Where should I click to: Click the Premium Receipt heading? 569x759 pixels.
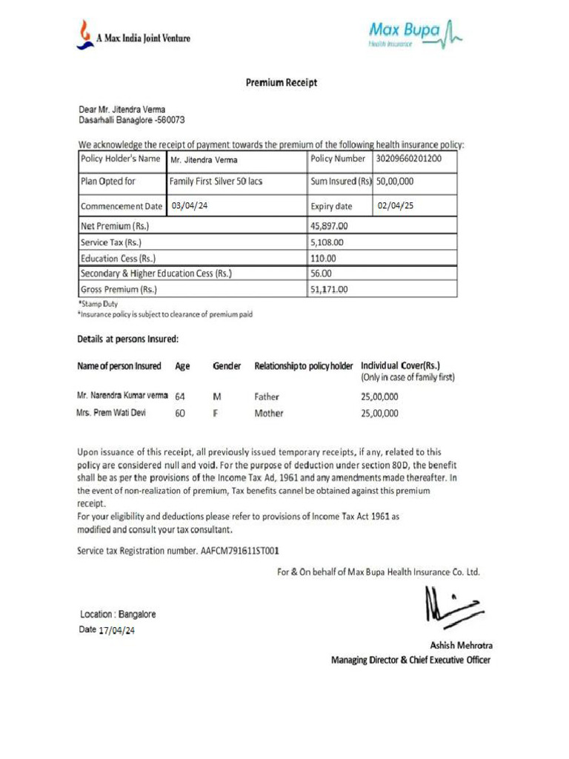[282, 83]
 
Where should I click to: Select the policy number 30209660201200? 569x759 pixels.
[409, 159]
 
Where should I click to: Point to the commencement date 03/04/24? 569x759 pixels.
[190, 205]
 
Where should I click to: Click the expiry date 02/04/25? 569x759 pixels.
[396, 205]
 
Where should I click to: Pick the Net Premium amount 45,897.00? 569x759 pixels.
[330, 226]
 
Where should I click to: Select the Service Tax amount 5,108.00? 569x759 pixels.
[327, 242]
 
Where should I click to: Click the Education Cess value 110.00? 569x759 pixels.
[323, 258]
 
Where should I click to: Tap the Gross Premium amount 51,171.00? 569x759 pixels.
[330, 289]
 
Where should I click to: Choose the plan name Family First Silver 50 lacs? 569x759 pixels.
[216, 181]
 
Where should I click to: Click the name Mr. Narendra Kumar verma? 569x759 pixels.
[122, 396]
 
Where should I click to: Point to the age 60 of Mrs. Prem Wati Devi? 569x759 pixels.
[180, 414]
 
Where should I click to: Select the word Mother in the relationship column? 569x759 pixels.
[269, 414]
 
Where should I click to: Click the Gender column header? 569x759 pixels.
[227, 366]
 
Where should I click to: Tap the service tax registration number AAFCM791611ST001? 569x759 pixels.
[240, 551]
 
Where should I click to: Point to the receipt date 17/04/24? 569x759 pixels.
[117, 631]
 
